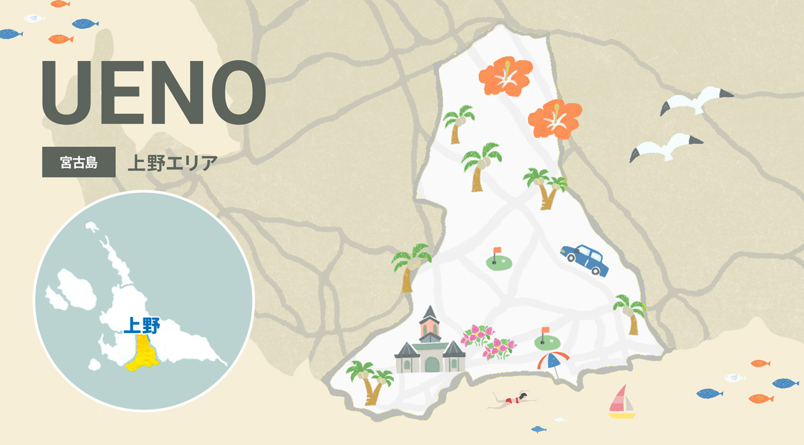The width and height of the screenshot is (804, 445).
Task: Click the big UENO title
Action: [x=153, y=92]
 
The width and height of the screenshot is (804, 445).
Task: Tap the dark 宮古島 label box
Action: [x=78, y=162]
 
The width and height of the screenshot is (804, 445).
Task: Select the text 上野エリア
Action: [x=172, y=162]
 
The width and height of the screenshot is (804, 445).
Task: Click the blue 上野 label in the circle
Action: [x=141, y=326]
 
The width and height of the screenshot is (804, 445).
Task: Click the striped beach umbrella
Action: [x=553, y=361]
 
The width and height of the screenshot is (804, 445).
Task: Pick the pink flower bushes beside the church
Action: [x=489, y=341]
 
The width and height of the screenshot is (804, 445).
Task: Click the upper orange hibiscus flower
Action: [x=505, y=75]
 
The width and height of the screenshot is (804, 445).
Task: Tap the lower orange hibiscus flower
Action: [x=554, y=119]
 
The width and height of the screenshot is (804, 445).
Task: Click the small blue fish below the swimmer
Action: [x=538, y=428]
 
